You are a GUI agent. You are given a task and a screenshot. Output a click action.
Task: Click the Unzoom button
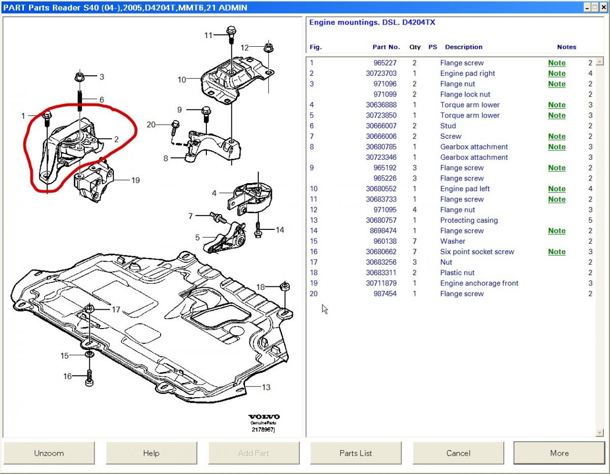pos(49,453)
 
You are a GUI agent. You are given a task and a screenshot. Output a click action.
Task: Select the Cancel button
pos(458,453)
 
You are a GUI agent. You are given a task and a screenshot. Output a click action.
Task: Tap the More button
pos(559,453)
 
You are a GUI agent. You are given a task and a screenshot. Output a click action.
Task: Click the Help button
pos(151,453)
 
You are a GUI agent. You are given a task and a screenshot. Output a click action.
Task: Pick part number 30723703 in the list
pos(381,73)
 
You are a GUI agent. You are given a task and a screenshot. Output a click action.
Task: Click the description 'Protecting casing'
pos(469,220)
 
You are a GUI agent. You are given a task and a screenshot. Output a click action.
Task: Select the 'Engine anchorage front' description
pos(479,283)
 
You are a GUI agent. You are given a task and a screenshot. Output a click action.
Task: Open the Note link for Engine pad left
pos(557,189)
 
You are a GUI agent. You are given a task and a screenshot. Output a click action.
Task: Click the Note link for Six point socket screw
pos(557,252)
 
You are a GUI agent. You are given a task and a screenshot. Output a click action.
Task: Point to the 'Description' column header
pos(464,47)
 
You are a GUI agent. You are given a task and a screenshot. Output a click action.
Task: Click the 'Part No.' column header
pos(386,47)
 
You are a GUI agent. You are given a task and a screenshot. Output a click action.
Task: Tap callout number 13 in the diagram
pos(266,387)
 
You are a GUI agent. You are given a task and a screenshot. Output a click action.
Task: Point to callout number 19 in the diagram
pos(135,180)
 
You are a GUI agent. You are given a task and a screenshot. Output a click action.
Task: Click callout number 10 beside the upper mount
pos(182,79)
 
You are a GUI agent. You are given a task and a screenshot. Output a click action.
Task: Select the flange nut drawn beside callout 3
pos(79,77)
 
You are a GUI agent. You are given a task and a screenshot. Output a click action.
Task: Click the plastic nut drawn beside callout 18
pos(285,286)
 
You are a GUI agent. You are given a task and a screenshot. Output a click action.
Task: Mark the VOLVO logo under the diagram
pos(264,417)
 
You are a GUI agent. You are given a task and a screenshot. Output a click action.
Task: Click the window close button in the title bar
pos(602,7)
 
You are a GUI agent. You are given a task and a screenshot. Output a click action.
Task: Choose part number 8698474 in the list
pos(384,231)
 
